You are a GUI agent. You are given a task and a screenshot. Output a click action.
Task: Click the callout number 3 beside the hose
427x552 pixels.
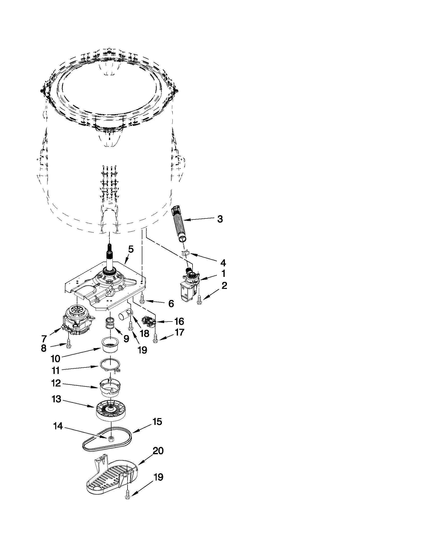click(220, 219)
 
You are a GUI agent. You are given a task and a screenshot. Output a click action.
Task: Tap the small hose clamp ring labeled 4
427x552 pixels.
click(186, 253)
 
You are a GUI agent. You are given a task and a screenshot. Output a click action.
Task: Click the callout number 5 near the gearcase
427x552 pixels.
click(131, 249)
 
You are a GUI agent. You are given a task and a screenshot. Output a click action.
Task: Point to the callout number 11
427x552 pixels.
click(56, 371)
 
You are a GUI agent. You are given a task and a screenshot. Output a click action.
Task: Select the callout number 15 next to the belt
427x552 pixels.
click(157, 422)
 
